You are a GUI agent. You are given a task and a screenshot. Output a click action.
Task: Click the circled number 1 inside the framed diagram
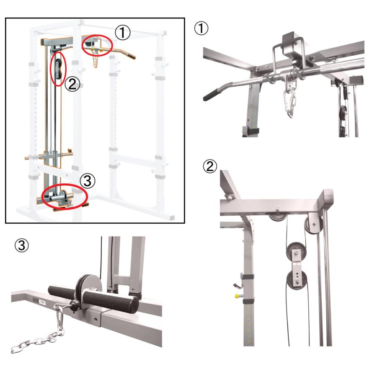[123, 33]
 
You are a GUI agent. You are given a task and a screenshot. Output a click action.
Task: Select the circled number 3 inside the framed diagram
[88, 181]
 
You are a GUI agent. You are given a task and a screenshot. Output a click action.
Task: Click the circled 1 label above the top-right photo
[201, 28]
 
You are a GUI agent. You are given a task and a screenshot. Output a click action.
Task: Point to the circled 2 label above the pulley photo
[210, 166]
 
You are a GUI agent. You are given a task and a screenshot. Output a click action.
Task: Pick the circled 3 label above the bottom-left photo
[22, 245]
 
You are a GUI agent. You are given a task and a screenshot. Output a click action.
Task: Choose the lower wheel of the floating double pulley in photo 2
[296, 280]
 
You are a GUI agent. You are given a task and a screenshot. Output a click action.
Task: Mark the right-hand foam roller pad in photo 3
[111, 302]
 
